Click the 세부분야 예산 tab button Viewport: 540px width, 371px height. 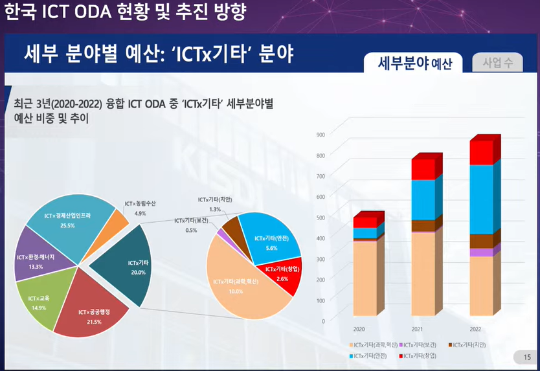point(414,63)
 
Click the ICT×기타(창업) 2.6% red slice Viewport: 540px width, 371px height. point(285,275)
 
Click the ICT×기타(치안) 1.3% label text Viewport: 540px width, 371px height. point(216,199)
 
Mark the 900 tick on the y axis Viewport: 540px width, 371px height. point(320,135)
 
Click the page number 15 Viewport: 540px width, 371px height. point(526,357)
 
